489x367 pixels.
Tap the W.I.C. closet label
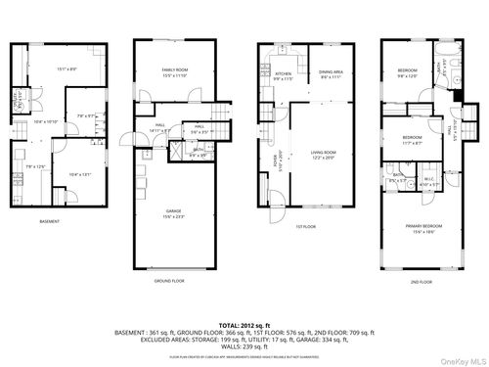(x=427, y=179)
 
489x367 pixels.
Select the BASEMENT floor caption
(x=51, y=221)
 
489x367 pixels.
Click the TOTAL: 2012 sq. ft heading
(x=244, y=322)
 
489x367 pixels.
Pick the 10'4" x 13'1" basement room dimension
(x=79, y=174)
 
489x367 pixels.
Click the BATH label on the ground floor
(x=196, y=151)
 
